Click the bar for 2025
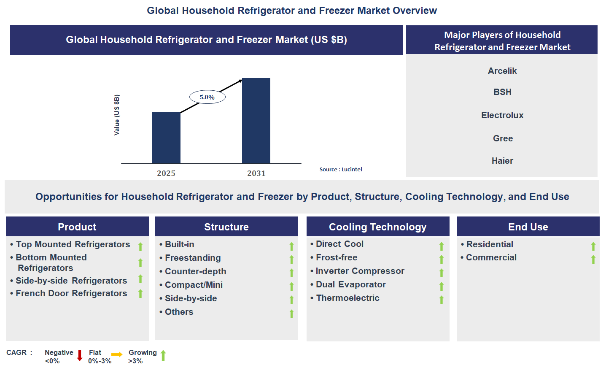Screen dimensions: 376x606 click(166, 138)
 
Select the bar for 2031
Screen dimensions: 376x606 click(256, 121)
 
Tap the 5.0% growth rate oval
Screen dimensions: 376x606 click(207, 97)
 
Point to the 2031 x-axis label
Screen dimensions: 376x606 click(256, 173)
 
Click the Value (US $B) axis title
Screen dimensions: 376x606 click(117, 115)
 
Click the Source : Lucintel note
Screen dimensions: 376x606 click(341, 169)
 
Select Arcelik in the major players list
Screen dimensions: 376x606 click(502, 71)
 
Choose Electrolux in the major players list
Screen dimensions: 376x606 click(502, 115)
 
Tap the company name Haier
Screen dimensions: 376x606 click(502, 161)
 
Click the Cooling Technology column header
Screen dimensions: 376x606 click(377, 227)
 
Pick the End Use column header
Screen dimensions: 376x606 click(528, 227)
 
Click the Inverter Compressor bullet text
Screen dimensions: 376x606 click(360, 271)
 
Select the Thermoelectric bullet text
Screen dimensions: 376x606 click(347, 298)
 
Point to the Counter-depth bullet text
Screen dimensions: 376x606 click(195, 271)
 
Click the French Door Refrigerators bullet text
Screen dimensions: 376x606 click(71, 293)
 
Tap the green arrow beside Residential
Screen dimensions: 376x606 click(593, 246)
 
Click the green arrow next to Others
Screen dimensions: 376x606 click(291, 314)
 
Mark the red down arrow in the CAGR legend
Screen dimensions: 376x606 click(79, 356)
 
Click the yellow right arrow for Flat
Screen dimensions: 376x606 click(117, 354)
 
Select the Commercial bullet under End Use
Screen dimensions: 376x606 click(491, 257)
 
